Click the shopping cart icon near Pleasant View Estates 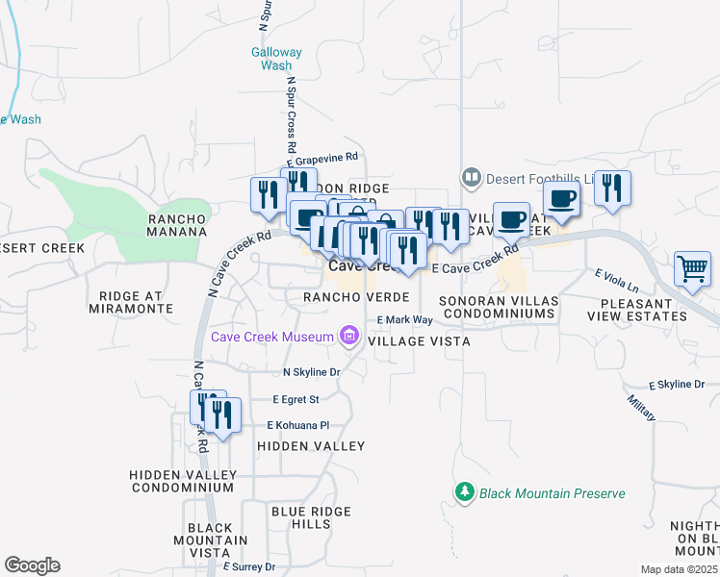[x=692, y=269]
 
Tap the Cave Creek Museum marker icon [x=348, y=337]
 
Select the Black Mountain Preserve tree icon [x=466, y=492]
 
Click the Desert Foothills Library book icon [x=471, y=177]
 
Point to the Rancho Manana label [x=177, y=225]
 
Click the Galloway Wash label [x=276, y=59]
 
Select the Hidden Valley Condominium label [x=183, y=481]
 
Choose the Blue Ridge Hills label [x=286, y=517]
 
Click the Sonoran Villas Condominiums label [x=497, y=307]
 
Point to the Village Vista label [x=419, y=341]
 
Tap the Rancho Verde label [x=357, y=297]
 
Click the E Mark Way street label [x=405, y=320]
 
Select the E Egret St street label [x=296, y=398]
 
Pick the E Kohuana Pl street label [x=298, y=425]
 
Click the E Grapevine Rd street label [x=324, y=157]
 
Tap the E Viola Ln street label [x=617, y=281]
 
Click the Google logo [x=32, y=565]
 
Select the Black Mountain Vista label [x=210, y=540]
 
